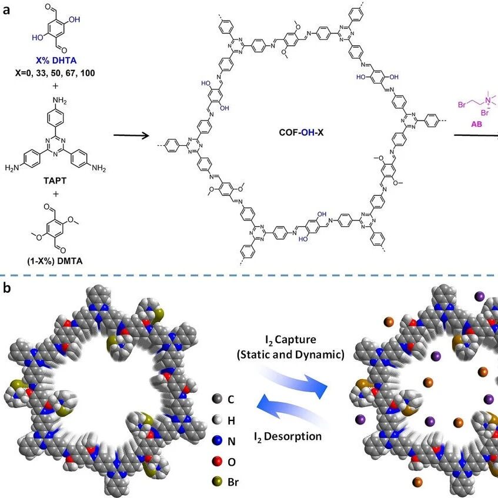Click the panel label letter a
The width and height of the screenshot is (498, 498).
(6, 10)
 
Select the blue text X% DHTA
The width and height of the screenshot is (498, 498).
(56, 61)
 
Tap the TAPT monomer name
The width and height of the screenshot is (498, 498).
(55, 181)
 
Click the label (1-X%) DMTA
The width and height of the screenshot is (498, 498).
(55, 261)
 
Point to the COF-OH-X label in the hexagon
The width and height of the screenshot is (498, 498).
(301, 132)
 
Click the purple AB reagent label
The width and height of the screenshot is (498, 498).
(476, 124)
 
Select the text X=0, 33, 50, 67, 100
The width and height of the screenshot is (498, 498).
(55, 73)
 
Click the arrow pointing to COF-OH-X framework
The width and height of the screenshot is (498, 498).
(132, 136)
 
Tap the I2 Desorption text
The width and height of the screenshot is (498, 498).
(288, 436)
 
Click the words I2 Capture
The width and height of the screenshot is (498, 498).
(290, 340)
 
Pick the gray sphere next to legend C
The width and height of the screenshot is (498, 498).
(217, 398)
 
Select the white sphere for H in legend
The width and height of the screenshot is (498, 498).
(217, 420)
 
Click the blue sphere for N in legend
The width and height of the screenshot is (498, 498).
(217, 440)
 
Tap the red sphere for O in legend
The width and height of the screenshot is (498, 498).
(217, 461)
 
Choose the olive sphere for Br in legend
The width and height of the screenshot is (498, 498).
(217, 482)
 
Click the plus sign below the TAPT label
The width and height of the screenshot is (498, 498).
(55, 194)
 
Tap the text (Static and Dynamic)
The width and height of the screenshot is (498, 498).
(290, 355)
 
